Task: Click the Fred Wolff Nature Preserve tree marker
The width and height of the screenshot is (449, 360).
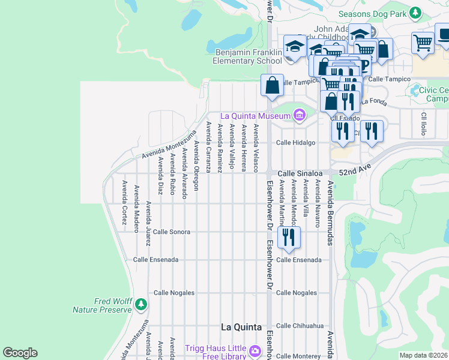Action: (140, 305)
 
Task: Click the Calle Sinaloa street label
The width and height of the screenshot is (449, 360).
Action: (300, 173)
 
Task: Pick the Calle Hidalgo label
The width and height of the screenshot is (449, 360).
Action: (295, 143)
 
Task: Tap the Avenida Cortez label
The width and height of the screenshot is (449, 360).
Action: (124, 203)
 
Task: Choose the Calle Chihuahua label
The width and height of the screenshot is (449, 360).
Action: (300, 326)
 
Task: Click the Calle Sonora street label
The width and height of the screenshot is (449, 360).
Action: (172, 231)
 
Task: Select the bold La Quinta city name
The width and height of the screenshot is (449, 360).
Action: (241, 327)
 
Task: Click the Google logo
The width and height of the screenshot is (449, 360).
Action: (20, 353)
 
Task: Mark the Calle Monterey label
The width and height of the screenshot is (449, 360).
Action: (298, 356)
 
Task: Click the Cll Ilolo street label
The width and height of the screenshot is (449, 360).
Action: (423, 124)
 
